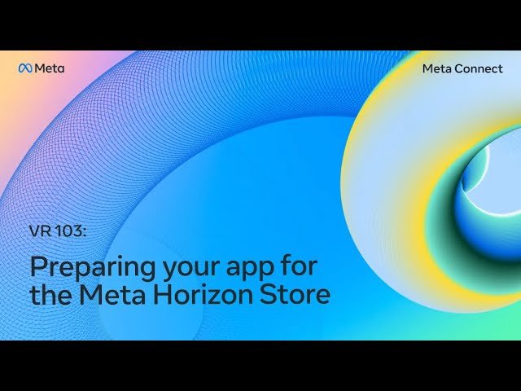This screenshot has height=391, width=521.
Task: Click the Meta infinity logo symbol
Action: [24, 68]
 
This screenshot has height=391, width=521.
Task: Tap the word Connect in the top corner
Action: [479, 68]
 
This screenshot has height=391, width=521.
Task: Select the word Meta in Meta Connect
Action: [437, 68]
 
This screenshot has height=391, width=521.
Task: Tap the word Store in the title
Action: [296, 294]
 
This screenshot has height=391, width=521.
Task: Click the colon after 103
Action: [83, 232]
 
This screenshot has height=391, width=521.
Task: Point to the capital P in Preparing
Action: [38, 266]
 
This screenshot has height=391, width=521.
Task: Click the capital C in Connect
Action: [460, 68]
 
